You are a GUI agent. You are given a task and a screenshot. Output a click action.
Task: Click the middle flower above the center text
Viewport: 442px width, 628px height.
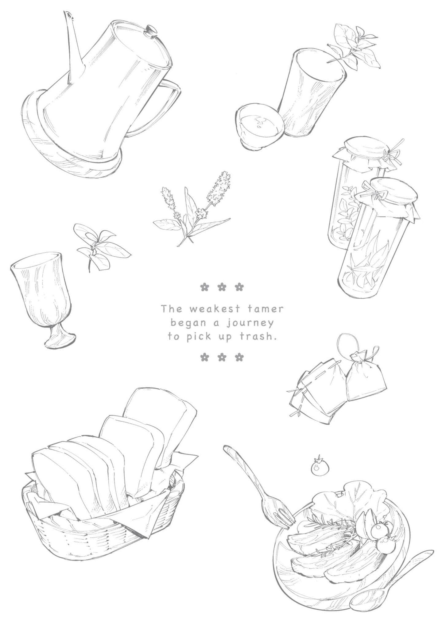coord(222,287)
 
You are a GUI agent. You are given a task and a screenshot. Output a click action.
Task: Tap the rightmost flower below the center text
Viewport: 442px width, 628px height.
coord(239,357)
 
